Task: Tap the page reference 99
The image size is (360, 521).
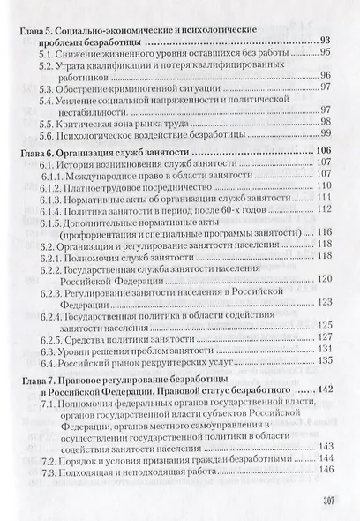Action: click(x=324, y=133)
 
